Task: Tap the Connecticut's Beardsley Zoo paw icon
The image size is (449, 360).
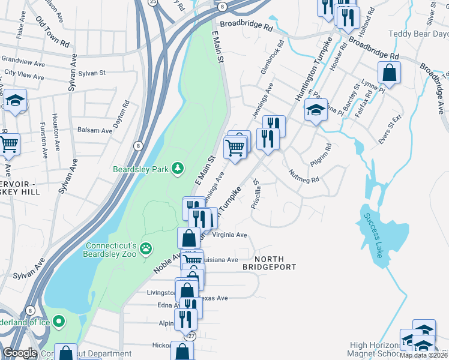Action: click(145, 248)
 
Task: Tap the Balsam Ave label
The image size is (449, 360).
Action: click(95, 130)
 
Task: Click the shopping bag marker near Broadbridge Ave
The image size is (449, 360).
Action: click(390, 74)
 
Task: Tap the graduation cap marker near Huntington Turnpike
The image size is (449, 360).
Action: click(315, 110)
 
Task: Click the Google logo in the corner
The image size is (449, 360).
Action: click(20, 353)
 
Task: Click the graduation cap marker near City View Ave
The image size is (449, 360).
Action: click(16, 100)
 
